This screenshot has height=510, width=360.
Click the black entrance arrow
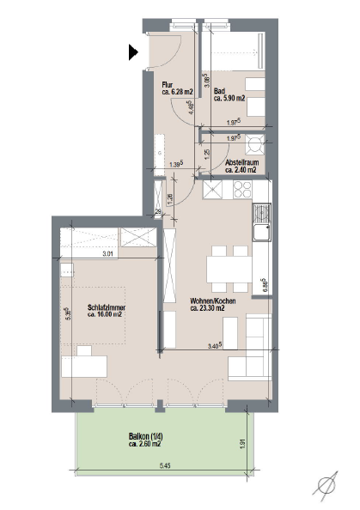(x=133, y=52)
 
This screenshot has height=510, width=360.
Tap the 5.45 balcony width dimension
(x=165, y=465)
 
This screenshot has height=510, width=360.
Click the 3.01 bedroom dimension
(x=107, y=254)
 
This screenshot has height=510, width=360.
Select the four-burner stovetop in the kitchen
(x=242, y=190)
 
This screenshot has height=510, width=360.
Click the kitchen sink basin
(x=262, y=233)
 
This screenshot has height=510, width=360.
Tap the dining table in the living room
(x=229, y=270)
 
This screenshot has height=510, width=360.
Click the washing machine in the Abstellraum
(x=255, y=144)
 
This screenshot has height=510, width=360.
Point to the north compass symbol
(x=326, y=487)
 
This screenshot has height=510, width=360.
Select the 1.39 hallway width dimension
(x=176, y=165)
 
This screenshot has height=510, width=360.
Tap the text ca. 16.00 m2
(x=105, y=314)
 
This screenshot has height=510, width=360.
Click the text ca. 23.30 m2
(x=207, y=308)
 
